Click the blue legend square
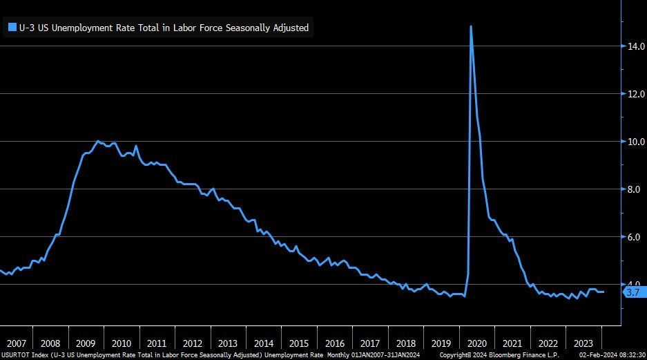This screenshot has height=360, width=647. tap(12, 28)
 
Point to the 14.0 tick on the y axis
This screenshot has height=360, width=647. tap(636, 46)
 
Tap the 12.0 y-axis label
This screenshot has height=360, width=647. tap(636, 94)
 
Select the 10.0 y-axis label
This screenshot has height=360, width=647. tap(636, 142)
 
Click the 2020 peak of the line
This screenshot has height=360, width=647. tap(471, 26)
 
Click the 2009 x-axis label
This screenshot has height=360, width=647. tap(86, 343)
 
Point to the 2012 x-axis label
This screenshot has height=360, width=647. tap(192, 343)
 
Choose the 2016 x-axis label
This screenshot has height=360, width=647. tap(334, 343)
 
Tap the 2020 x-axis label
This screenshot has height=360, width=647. tap(476, 343)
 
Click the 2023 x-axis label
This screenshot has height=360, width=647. tap(583, 343)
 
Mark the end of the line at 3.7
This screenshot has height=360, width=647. tap(603, 292)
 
